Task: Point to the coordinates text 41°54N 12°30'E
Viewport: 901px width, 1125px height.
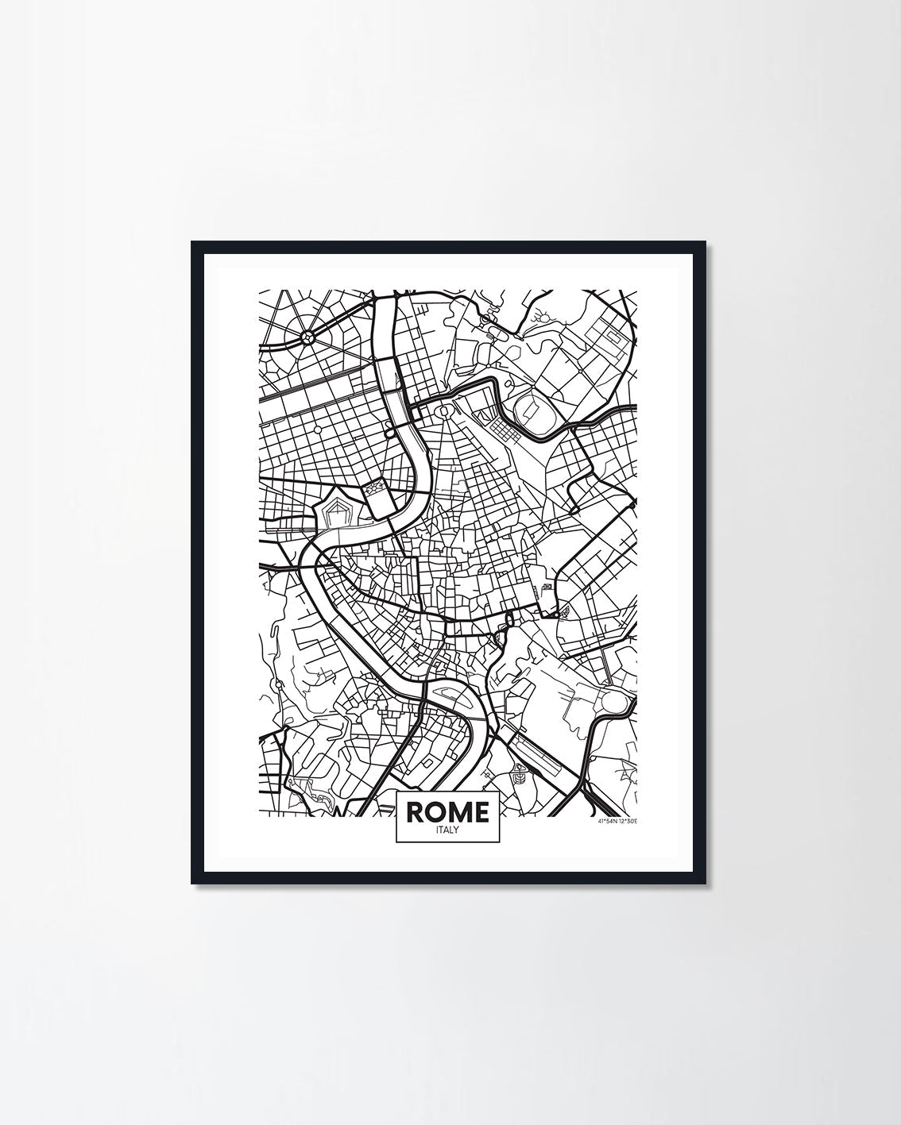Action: coord(616,821)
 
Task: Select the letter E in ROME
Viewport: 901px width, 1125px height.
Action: coord(481,811)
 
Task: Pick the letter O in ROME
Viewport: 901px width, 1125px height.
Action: coord(435,811)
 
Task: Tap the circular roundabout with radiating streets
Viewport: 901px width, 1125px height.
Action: coord(307,337)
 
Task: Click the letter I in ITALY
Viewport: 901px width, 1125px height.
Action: coord(438,830)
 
